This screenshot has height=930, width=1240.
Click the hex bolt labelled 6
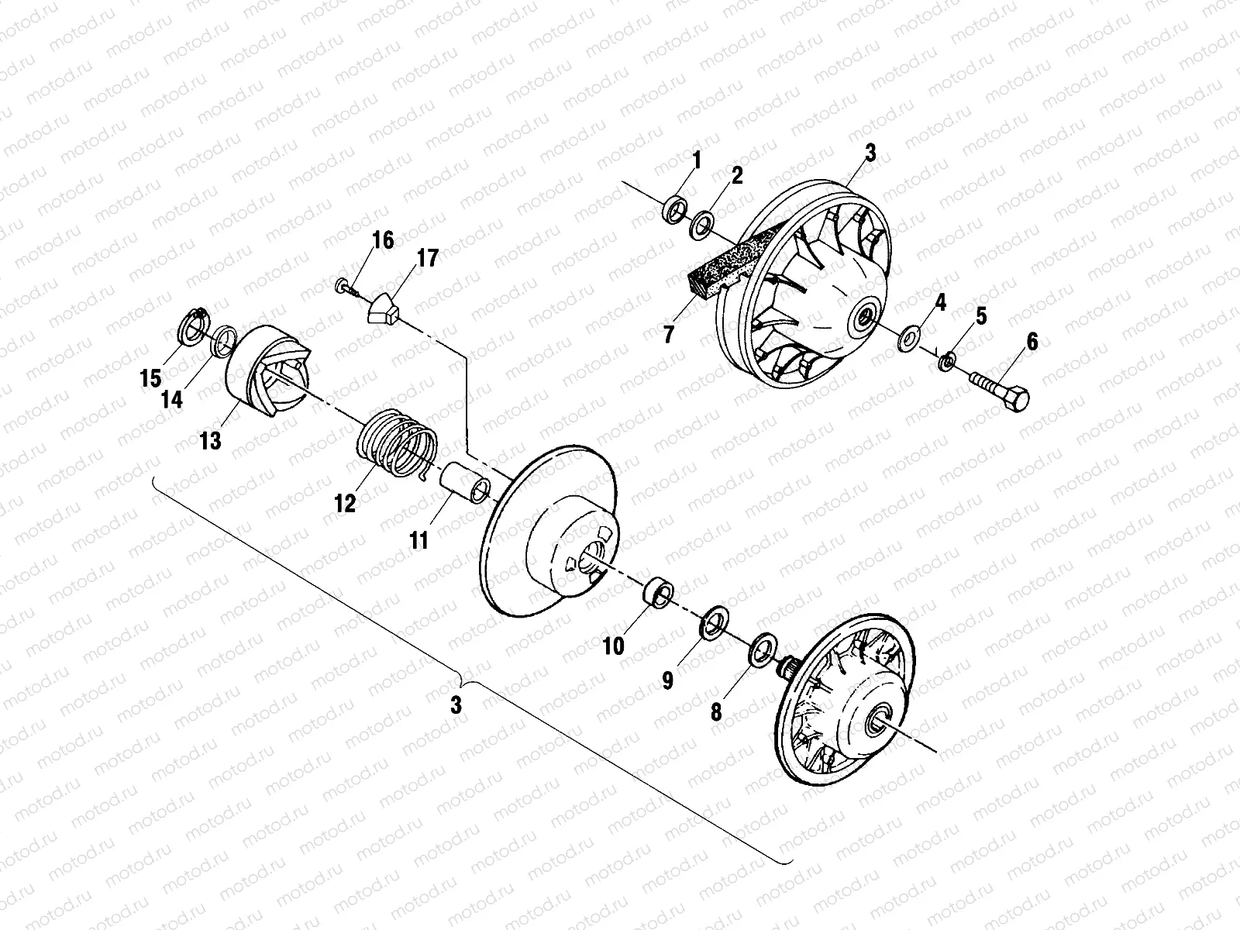tap(1000, 391)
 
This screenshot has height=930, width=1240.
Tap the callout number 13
tap(210, 441)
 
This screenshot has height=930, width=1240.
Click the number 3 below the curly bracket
tap(456, 705)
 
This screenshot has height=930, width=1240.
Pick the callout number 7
tap(668, 335)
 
